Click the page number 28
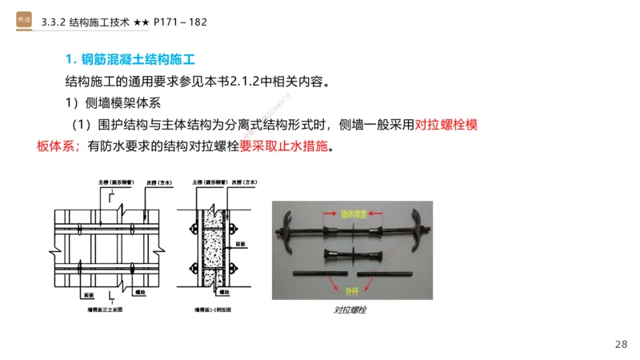pyautogui.click(x=621, y=344)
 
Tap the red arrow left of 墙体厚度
pyautogui.click(x=328, y=214)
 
